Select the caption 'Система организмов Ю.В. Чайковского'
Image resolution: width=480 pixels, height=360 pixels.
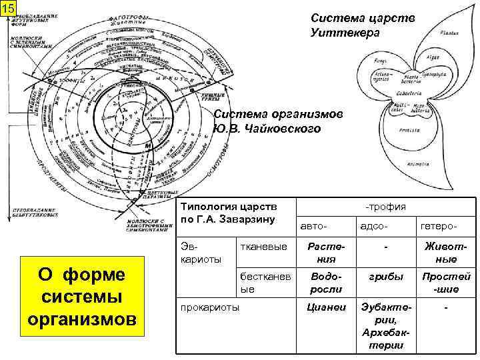tap(279, 121)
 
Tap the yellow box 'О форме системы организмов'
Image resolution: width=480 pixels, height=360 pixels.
tap(81, 297)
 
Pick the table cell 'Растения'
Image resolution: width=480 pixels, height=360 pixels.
tap(325, 253)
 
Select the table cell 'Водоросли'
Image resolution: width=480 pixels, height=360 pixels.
tap(325, 283)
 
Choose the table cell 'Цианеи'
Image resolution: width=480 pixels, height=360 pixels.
tap(325, 308)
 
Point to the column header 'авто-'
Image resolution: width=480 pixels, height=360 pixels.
tap(313, 228)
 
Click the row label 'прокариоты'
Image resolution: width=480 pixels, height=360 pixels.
tap(207, 308)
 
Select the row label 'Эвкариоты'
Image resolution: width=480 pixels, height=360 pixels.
tap(195, 252)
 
